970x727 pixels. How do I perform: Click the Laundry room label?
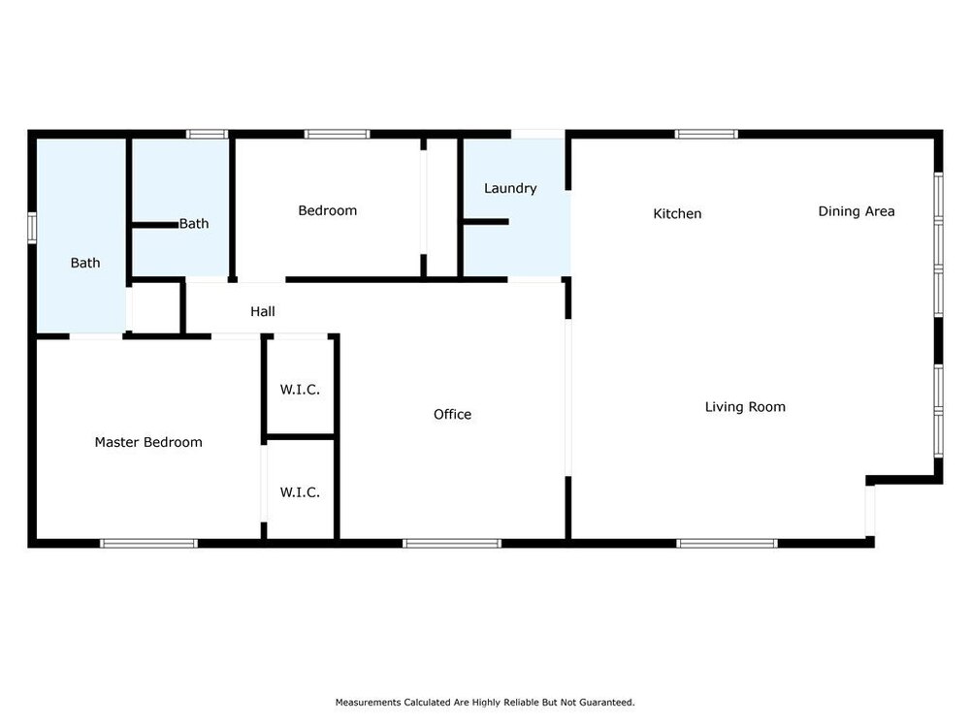coord(510,189)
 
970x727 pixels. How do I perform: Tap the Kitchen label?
coord(677,214)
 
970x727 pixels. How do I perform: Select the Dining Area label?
coord(857,211)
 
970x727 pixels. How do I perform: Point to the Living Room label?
coord(745,407)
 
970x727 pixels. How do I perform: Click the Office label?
coord(452,414)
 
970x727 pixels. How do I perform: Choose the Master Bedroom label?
coord(148,442)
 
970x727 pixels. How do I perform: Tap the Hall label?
coord(263,311)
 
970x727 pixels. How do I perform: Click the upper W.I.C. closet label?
coord(300,390)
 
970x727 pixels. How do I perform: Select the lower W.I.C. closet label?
coord(300,492)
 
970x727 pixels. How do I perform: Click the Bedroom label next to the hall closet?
coord(327,210)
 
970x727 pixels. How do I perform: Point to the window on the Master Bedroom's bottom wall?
coord(148,544)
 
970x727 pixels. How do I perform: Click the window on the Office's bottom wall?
coord(452,544)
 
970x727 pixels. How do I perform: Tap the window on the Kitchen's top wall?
coord(706,134)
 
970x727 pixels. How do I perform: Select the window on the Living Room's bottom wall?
coord(727,544)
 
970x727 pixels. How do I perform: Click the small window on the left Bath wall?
coord(32,228)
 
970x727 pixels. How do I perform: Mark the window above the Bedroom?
coord(337,134)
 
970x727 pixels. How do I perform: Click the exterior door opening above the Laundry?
coord(537,134)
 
